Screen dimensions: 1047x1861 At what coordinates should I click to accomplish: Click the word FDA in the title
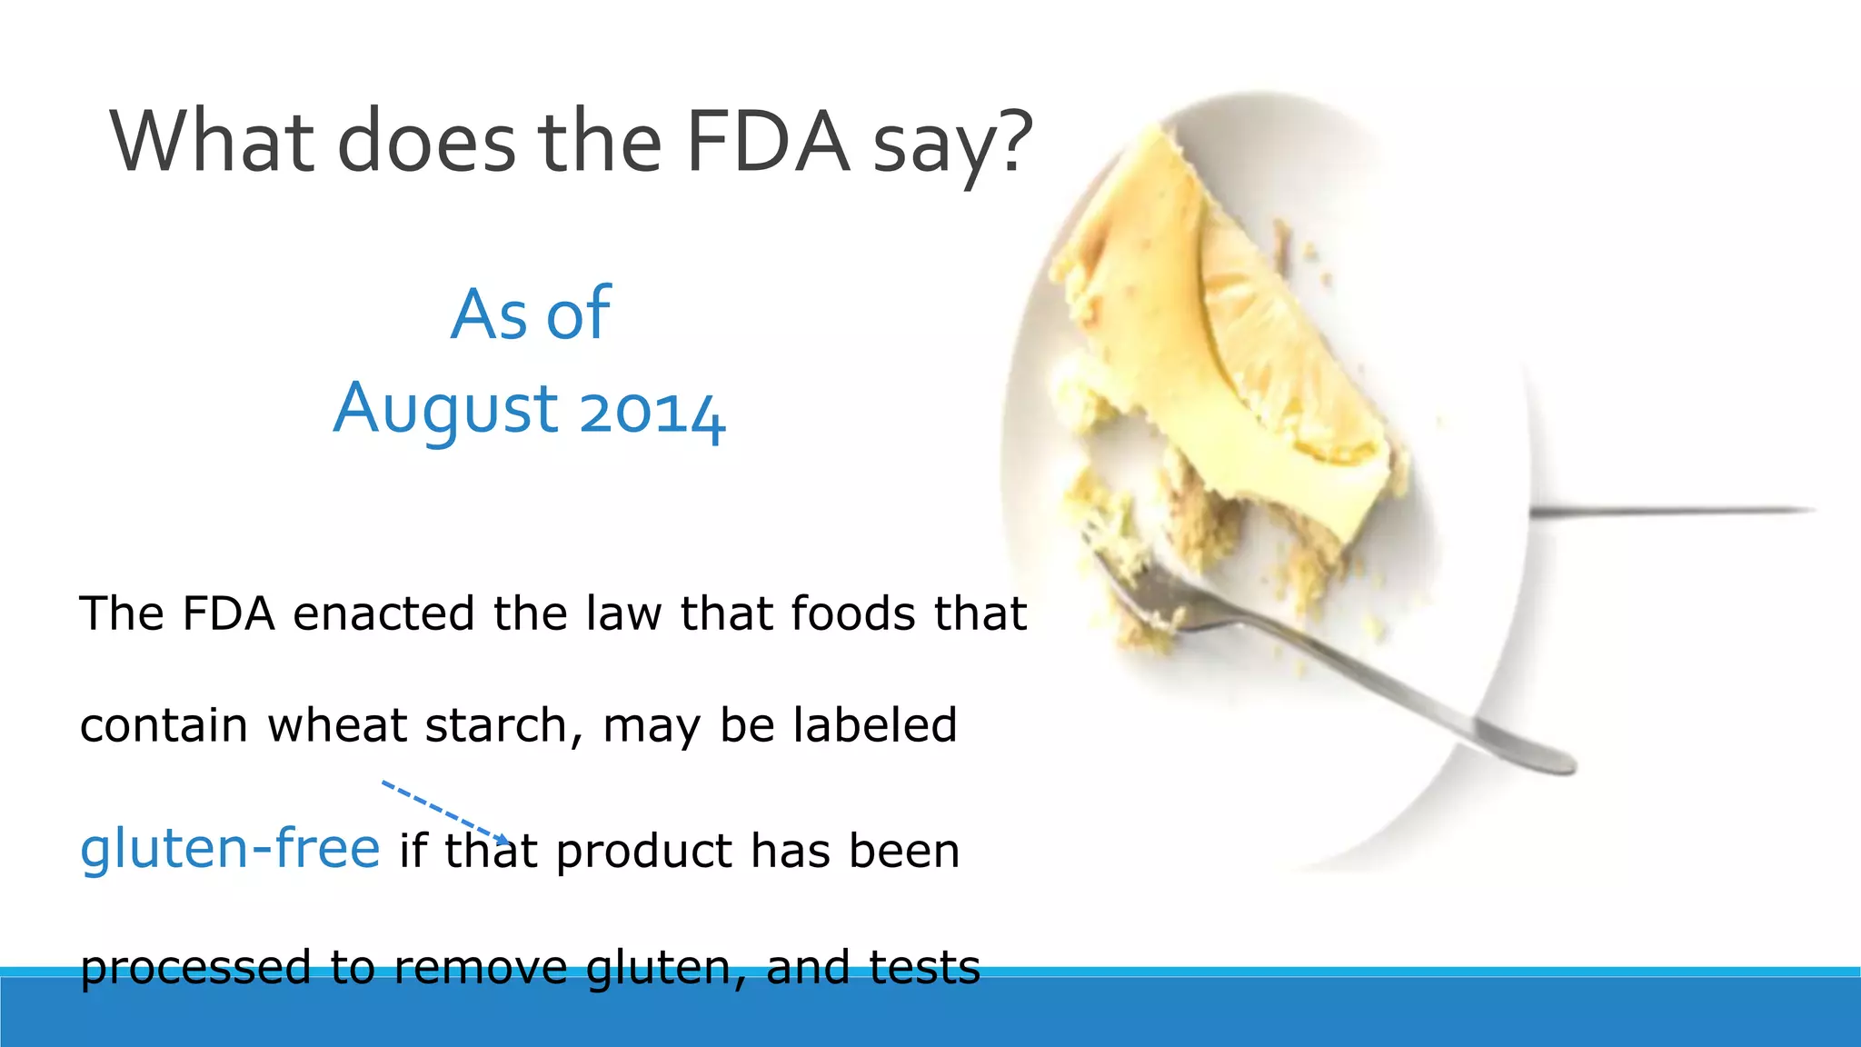point(768,142)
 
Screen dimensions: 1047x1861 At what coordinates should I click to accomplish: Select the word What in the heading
point(213,142)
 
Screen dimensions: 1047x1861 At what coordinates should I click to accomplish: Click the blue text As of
point(531,314)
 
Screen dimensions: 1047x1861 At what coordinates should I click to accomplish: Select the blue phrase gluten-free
point(230,849)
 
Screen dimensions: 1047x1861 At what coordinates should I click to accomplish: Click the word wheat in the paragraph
point(337,726)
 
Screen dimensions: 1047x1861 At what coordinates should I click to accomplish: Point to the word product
point(645,853)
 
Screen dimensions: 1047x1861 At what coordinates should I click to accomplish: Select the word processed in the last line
point(195,967)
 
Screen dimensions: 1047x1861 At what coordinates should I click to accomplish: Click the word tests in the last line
point(925,967)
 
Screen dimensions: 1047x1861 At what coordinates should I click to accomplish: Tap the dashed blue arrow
point(445,812)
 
